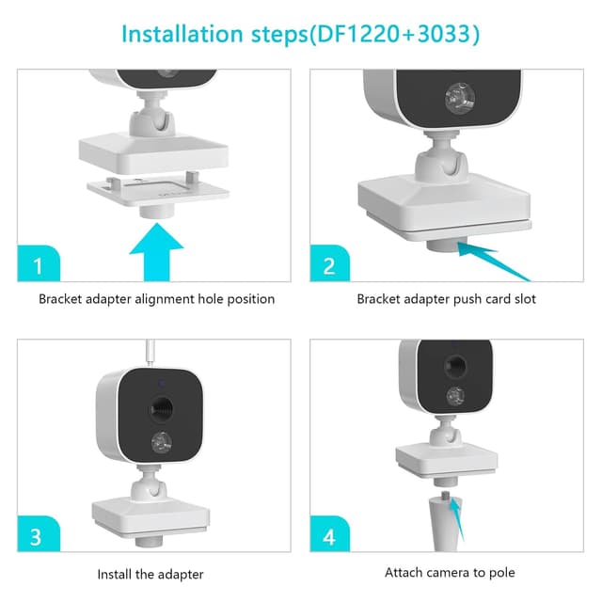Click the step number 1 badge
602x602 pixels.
(39, 263)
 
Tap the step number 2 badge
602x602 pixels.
(330, 263)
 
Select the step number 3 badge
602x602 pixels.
(39, 533)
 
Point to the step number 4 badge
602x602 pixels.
(330, 533)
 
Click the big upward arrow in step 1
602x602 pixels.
(157, 252)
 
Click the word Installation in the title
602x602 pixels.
(182, 34)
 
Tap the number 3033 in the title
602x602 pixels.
(444, 34)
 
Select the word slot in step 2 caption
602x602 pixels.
(525, 299)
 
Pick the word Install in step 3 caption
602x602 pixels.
(115, 575)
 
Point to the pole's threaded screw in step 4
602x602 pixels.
(446, 495)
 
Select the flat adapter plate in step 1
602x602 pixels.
(158, 190)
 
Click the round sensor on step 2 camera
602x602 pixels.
(459, 97)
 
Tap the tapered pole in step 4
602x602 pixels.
(444, 524)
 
